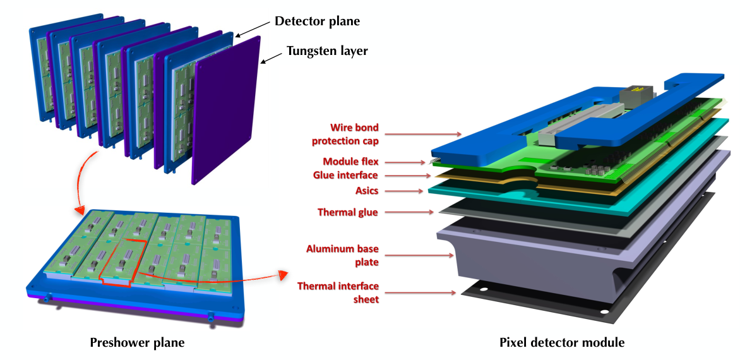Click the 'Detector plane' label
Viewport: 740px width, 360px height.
point(317,21)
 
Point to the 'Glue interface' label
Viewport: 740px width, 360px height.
point(345,176)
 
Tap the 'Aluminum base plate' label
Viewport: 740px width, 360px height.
point(342,255)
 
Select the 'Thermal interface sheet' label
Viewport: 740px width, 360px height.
point(338,292)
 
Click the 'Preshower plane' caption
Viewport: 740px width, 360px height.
point(138,343)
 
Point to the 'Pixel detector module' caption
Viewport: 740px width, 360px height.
point(562,343)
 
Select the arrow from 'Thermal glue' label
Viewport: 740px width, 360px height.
point(410,212)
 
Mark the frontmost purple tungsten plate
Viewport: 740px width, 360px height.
point(227,110)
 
